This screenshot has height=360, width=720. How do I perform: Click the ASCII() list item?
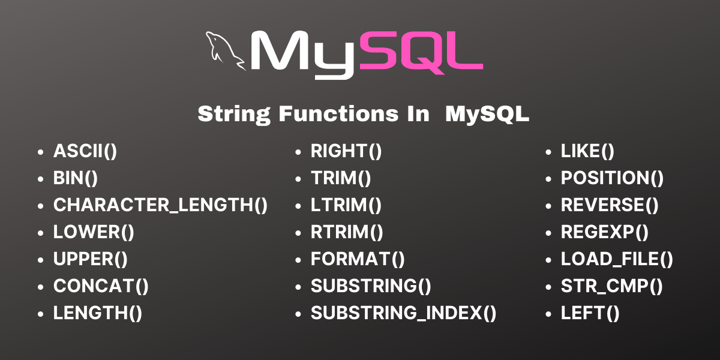pyautogui.click(x=85, y=151)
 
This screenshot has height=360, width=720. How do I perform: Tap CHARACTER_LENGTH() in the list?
pyautogui.click(x=160, y=205)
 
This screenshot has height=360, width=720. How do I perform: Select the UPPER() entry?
pyautogui.click(x=91, y=259)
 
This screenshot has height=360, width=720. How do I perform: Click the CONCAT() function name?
pyautogui.click(x=101, y=286)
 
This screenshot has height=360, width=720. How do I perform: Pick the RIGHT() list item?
pyautogui.click(x=346, y=151)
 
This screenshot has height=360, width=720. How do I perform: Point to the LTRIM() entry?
pyautogui.click(x=346, y=205)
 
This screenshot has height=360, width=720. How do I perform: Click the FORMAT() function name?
pyautogui.click(x=358, y=259)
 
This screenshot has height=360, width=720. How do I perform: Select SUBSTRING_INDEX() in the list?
pyautogui.click(x=403, y=313)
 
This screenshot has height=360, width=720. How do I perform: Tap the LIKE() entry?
pyautogui.click(x=587, y=151)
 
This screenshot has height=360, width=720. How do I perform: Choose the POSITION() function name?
pyautogui.click(x=612, y=178)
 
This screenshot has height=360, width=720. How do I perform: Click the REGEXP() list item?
pyautogui.click(x=605, y=232)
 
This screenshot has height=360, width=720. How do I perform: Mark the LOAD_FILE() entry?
pyautogui.click(x=617, y=259)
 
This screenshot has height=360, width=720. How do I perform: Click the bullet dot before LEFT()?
pyautogui.click(x=549, y=314)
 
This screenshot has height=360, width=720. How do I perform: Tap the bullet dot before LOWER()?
pyautogui.click(x=41, y=233)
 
